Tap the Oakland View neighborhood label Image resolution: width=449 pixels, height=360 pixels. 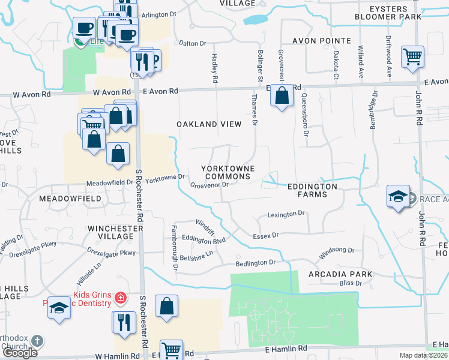pos(209,124)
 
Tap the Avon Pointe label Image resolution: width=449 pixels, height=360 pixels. pos(322,41)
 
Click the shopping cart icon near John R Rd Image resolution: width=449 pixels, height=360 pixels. pos(412,58)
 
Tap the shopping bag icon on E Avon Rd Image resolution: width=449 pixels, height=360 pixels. pos(281,95)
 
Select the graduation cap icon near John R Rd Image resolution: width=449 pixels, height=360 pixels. pos(398,196)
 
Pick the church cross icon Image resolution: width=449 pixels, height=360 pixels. pos(37,341)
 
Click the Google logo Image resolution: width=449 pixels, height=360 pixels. pos(20,352)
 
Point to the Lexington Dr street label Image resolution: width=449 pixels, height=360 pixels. pos(286,214)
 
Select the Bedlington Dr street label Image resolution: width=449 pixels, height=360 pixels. pos(255,263)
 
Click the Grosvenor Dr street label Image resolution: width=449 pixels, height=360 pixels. pos(209,185)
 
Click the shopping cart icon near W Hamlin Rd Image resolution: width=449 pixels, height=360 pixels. pos(171,350)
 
